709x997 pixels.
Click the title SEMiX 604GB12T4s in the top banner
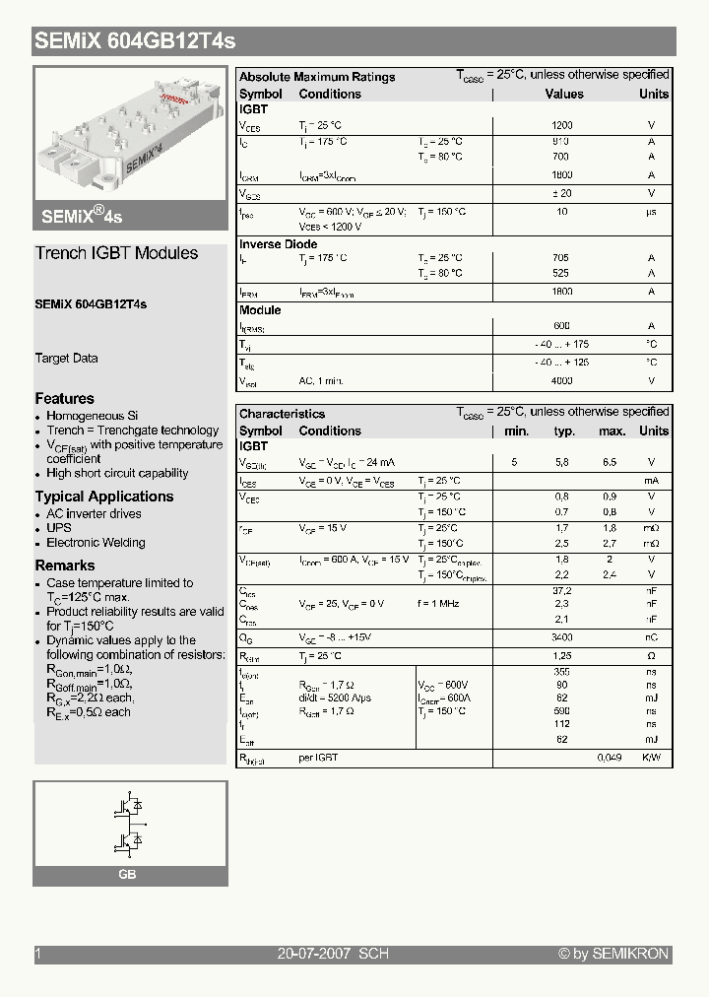[x=135, y=41]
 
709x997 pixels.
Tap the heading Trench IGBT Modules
[x=116, y=253]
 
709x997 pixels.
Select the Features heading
[x=65, y=398]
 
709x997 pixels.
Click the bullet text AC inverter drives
[x=94, y=513]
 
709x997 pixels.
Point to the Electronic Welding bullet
[x=96, y=542]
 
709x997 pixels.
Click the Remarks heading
[x=65, y=565]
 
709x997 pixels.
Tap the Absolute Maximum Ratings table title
[x=317, y=77]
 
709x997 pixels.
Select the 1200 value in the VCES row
[x=562, y=125]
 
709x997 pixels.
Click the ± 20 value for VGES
[x=562, y=193]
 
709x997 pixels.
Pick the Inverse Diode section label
[x=279, y=244]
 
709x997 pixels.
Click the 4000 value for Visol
[x=562, y=380]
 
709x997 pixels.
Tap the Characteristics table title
[x=282, y=414]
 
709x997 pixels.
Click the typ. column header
[x=564, y=431]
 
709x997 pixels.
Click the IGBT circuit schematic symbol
[x=130, y=823]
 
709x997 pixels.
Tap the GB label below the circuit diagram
[x=127, y=875]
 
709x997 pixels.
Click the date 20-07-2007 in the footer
[x=314, y=954]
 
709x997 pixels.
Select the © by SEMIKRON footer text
[x=612, y=954]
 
